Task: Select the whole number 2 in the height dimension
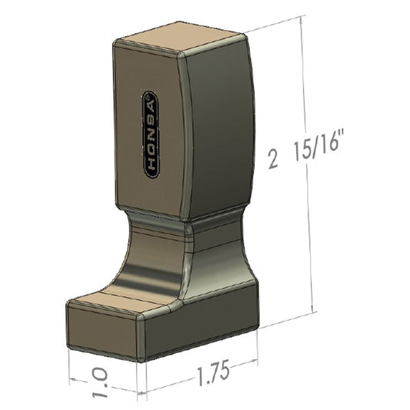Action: click(x=272, y=158)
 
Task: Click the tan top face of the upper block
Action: click(x=180, y=40)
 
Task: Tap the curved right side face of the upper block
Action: click(x=219, y=123)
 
